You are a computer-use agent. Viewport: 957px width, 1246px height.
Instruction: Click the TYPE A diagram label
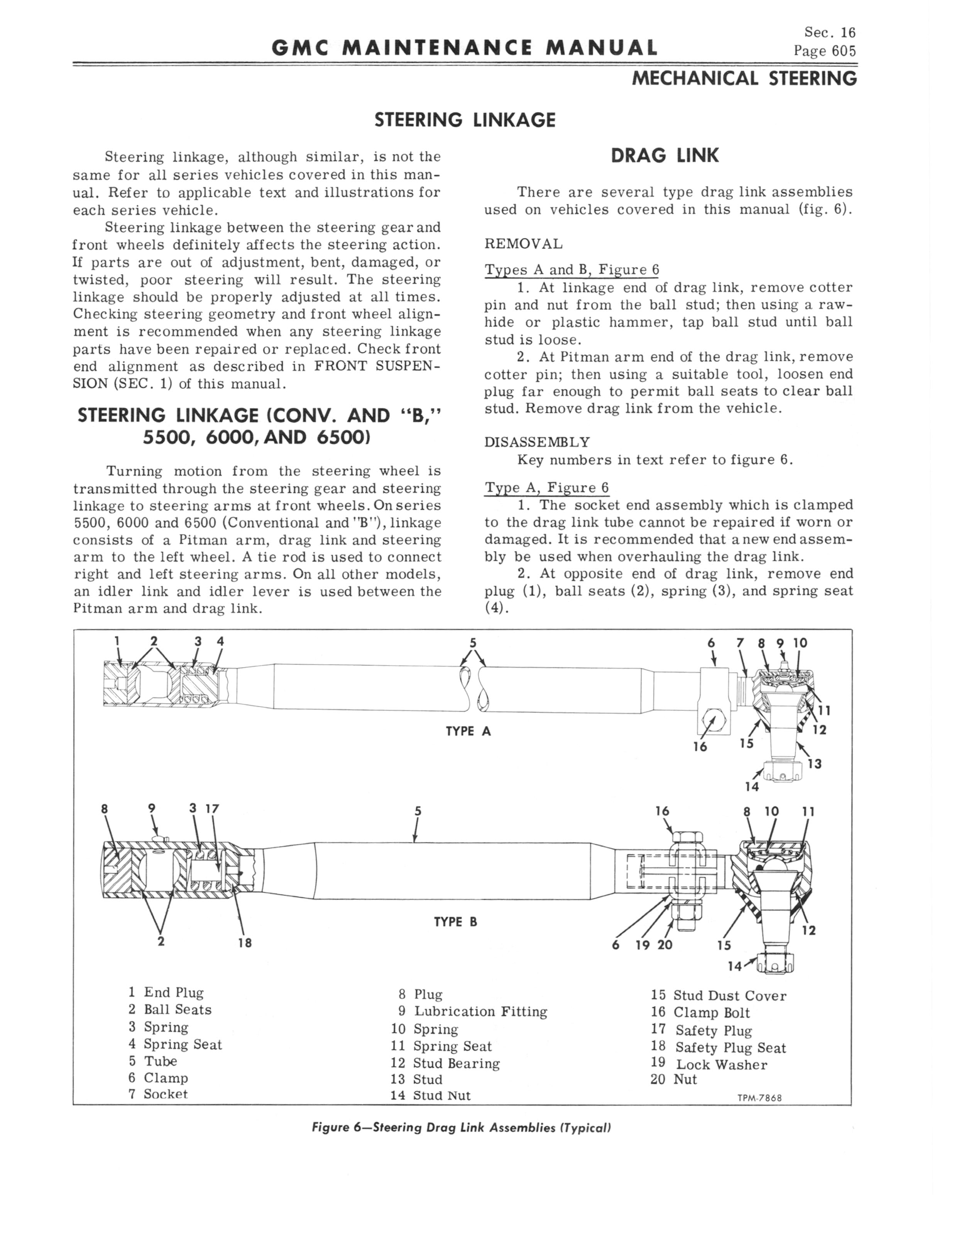click(x=468, y=731)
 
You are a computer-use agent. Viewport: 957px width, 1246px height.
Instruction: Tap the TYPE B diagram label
click(x=455, y=921)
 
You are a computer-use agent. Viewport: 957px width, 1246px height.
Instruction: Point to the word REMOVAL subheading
click(x=523, y=244)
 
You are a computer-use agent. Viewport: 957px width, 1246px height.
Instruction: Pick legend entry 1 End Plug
click(x=166, y=992)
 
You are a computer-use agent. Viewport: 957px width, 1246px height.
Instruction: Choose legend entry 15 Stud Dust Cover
click(x=718, y=996)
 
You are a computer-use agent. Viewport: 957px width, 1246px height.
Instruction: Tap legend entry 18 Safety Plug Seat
click(x=718, y=1047)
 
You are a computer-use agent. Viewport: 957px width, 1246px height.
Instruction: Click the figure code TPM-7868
click(x=759, y=1097)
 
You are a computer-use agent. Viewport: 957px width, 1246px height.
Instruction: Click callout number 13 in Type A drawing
click(x=815, y=764)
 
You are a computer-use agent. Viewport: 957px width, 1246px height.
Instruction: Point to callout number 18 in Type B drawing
click(x=244, y=942)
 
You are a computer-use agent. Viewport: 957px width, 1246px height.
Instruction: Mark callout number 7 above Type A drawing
click(x=740, y=643)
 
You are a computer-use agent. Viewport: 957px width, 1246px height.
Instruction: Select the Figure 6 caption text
click(x=462, y=1128)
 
